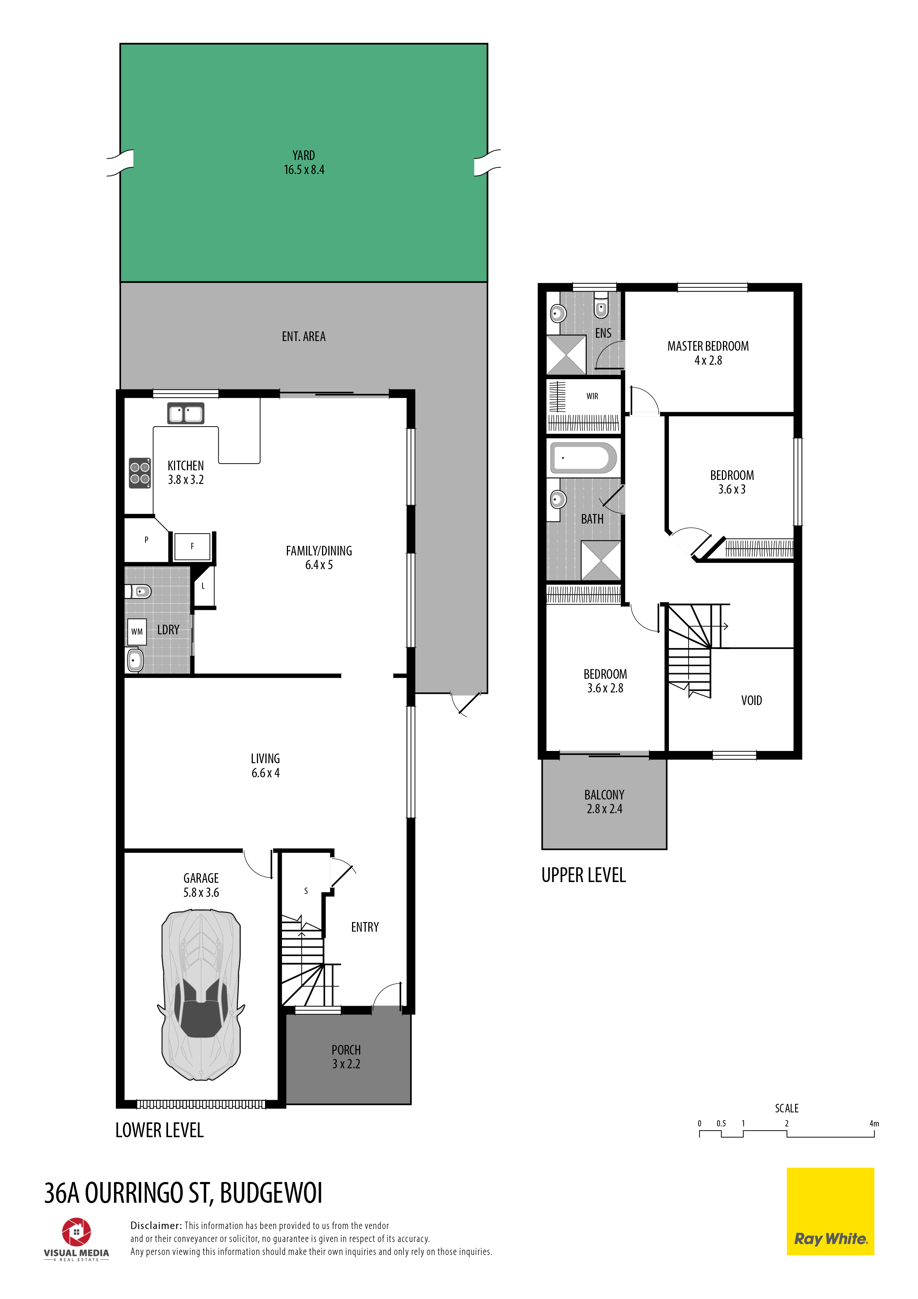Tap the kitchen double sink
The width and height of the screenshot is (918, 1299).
point(185,414)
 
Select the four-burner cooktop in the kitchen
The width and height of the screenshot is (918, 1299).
point(140,473)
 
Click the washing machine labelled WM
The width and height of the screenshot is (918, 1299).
point(137,631)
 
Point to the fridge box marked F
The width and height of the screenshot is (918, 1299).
point(192,547)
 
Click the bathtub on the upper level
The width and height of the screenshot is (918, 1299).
point(583,458)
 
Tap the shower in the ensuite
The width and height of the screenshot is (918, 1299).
point(566,355)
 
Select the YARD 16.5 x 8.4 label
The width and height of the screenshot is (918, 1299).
point(304,162)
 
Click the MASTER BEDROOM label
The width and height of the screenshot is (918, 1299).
point(708,346)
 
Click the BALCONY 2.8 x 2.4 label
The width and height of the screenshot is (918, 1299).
point(604,802)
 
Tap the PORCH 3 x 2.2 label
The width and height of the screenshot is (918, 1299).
point(346,1057)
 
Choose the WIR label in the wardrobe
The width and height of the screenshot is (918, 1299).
point(592,396)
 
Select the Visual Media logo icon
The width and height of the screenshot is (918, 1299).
point(76,1232)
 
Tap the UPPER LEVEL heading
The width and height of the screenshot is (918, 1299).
point(584,875)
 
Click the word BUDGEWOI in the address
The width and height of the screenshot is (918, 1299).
point(271,1193)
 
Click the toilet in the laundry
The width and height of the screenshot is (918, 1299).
point(138,592)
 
